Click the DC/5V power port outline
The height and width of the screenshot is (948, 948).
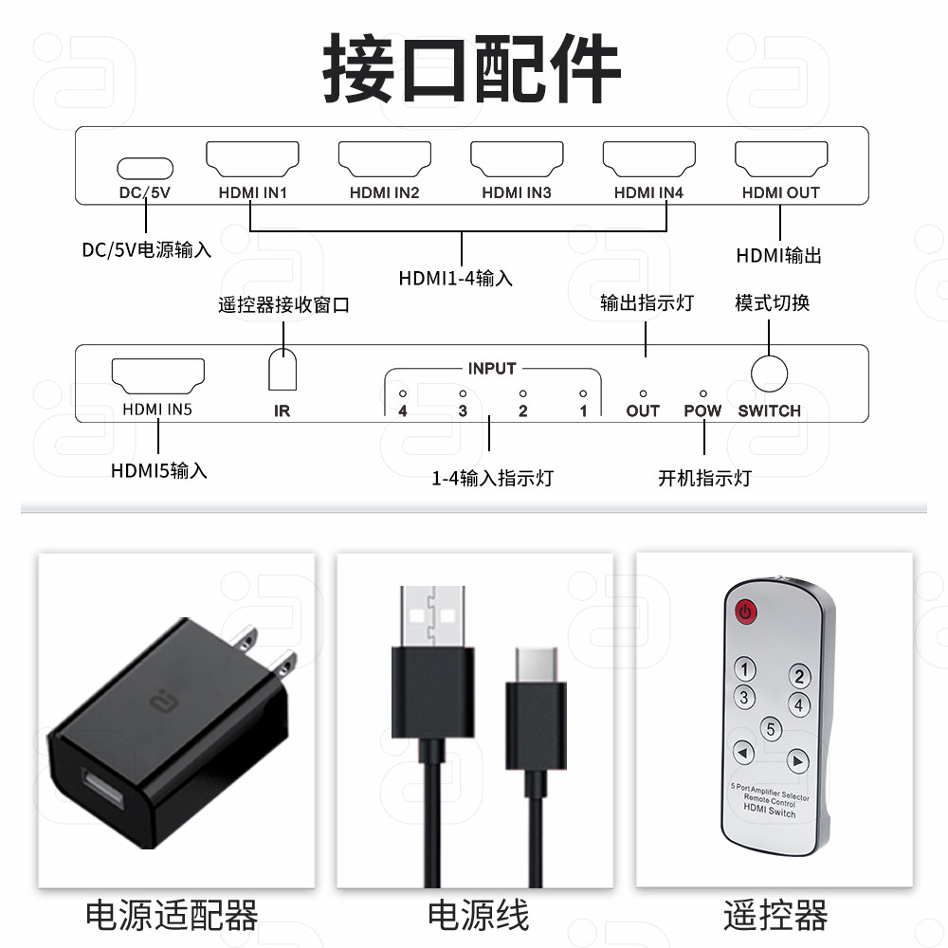[x=145, y=168]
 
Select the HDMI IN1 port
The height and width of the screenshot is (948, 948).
[x=253, y=159]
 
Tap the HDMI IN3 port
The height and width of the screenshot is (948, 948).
[x=517, y=159]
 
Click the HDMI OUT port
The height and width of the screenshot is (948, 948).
[x=781, y=159]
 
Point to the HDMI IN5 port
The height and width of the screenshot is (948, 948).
[x=158, y=375]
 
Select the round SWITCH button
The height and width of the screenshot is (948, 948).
[x=770, y=373]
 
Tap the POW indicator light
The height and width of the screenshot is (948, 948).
[x=702, y=392]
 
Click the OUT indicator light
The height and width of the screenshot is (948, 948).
[x=643, y=392]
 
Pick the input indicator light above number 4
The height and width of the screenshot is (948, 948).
[x=403, y=392]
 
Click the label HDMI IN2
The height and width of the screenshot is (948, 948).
[x=384, y=192]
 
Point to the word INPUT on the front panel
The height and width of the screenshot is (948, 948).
[x=492, y=368]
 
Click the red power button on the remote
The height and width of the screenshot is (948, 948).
[x=747, y=611]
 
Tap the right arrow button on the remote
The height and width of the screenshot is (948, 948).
[x=797, y=760]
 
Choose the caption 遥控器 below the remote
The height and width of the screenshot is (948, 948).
[x=775, y=917]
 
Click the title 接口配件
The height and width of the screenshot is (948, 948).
[x=472, y=68]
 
